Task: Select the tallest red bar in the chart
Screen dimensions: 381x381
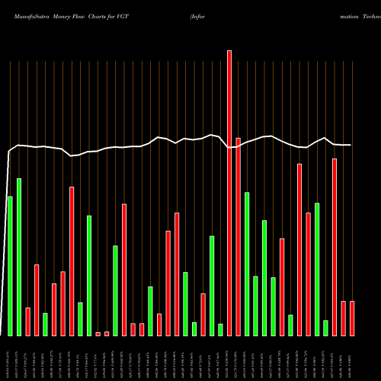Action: point(229,193)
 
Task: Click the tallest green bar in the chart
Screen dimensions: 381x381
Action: point(19,257)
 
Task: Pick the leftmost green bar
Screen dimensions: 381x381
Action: point(10,266)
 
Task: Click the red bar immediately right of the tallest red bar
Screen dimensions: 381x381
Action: point(238,236)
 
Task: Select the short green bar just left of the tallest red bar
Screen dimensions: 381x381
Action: point(220,330)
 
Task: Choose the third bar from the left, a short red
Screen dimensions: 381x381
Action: point(28,322)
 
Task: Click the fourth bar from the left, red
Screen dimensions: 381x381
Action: point(37,299)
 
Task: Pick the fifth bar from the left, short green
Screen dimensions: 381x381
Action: point(45,324)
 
